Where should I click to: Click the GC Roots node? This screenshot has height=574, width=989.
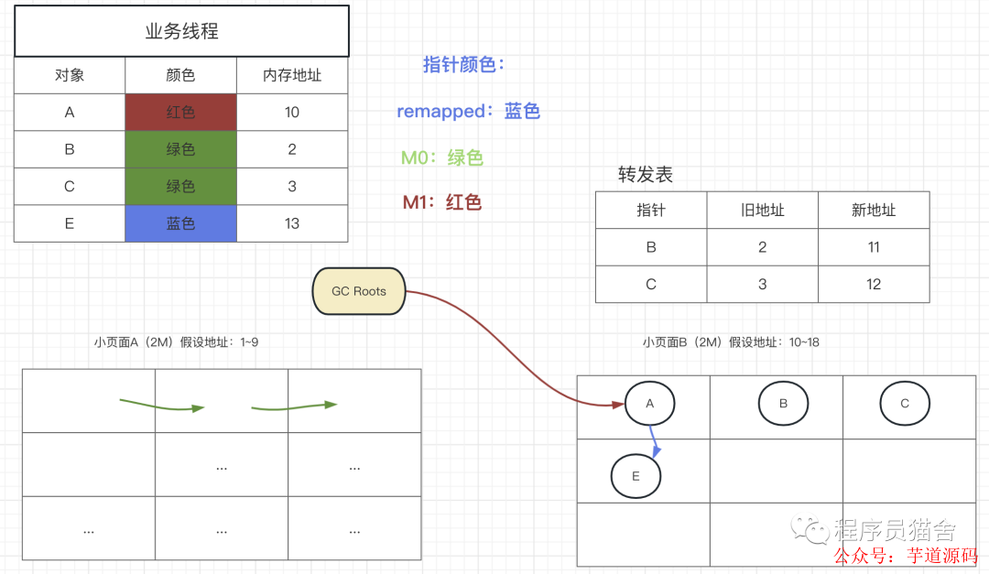click(x=358, y=291)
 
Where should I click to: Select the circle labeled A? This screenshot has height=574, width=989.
click(x=650, y=403)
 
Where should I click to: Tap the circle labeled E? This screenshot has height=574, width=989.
click(x=636, y=476)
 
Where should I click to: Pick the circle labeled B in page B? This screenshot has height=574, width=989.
click(x=783, y=403)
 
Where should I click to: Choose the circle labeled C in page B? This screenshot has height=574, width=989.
click(x=905, y=403)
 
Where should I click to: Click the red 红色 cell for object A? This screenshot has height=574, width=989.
click(x=180, y=113)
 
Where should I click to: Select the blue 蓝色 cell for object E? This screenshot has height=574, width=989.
click(x=180, y=223)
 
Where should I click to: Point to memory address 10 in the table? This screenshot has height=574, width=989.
click(x=292, y=113)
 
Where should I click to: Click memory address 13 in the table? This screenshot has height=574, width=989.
click(x=292, y=223)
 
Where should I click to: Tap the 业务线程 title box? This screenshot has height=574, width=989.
click(x=181, y=31)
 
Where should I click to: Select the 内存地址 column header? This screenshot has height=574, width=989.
click(x=292, y=75)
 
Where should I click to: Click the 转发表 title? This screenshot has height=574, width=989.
click(x=646, y=175)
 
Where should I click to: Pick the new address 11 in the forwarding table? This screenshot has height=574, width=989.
click(x=873, y=247)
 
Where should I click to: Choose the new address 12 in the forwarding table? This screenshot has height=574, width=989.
click(x=873, y=285)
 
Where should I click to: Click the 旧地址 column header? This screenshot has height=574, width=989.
click(x=762, y=210)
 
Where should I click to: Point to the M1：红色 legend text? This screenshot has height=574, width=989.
click(x=441, y=202)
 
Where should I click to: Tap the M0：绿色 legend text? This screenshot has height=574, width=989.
click(x=441, y=157)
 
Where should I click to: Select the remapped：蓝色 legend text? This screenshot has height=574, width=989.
click(x=468, y=112)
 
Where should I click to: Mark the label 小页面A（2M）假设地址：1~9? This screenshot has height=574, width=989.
click(x=176, y=342)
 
